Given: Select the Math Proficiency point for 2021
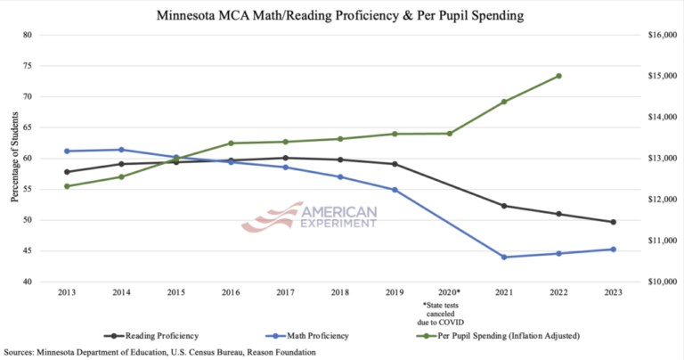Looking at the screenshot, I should [504, 257].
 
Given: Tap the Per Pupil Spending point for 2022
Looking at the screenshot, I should [558, 76].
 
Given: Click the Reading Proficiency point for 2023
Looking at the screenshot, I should [614, 222].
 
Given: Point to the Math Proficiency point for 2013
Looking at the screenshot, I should [67, 151].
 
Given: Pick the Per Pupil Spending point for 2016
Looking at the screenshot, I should [231, 143].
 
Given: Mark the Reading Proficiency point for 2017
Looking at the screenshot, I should [285, 158].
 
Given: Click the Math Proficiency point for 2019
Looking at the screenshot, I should [395, 190].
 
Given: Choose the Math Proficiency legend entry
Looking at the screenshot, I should [309, 336].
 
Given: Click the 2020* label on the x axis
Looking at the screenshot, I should [449, 292].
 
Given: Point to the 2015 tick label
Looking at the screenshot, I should [175, 292].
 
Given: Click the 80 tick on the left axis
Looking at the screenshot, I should [27, 36].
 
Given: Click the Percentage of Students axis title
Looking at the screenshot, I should [15, 159].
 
